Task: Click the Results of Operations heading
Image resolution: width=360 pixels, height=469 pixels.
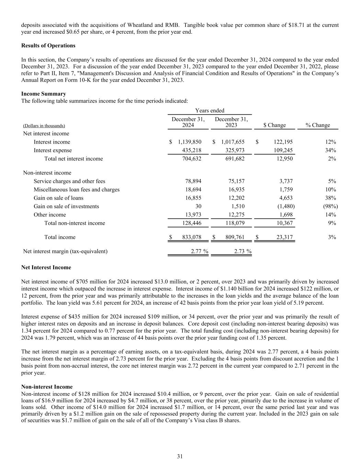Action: tap(48, 46)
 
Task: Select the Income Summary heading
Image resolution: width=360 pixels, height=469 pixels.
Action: tap(44, 94)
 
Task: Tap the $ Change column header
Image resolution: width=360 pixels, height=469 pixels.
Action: tap(274, 125)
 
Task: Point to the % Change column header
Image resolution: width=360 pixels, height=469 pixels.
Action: tap(318, 125)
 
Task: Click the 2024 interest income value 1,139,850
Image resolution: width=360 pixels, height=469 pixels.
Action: tap(190, 142)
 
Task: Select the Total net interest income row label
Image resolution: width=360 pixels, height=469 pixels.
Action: tap(74, 159)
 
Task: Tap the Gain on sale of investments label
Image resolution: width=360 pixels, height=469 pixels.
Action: tap(66, 206)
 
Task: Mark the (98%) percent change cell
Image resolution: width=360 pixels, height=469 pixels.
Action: tap(329, 206)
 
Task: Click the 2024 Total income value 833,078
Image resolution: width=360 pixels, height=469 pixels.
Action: tap(190, 237)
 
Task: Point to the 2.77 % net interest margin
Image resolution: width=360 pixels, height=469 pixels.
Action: tap(199, 251)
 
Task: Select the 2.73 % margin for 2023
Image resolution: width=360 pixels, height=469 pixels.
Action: tap(243, 251)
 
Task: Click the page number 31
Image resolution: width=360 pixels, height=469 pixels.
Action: tap(180, 456)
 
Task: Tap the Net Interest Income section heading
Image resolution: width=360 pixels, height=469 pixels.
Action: tap(46, 267)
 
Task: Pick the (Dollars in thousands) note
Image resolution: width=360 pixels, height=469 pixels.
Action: tap(44, 126)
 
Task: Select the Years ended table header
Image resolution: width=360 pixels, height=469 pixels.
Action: tap(210, 111)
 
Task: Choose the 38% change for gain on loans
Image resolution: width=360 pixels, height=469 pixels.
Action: tap(331, 198)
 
